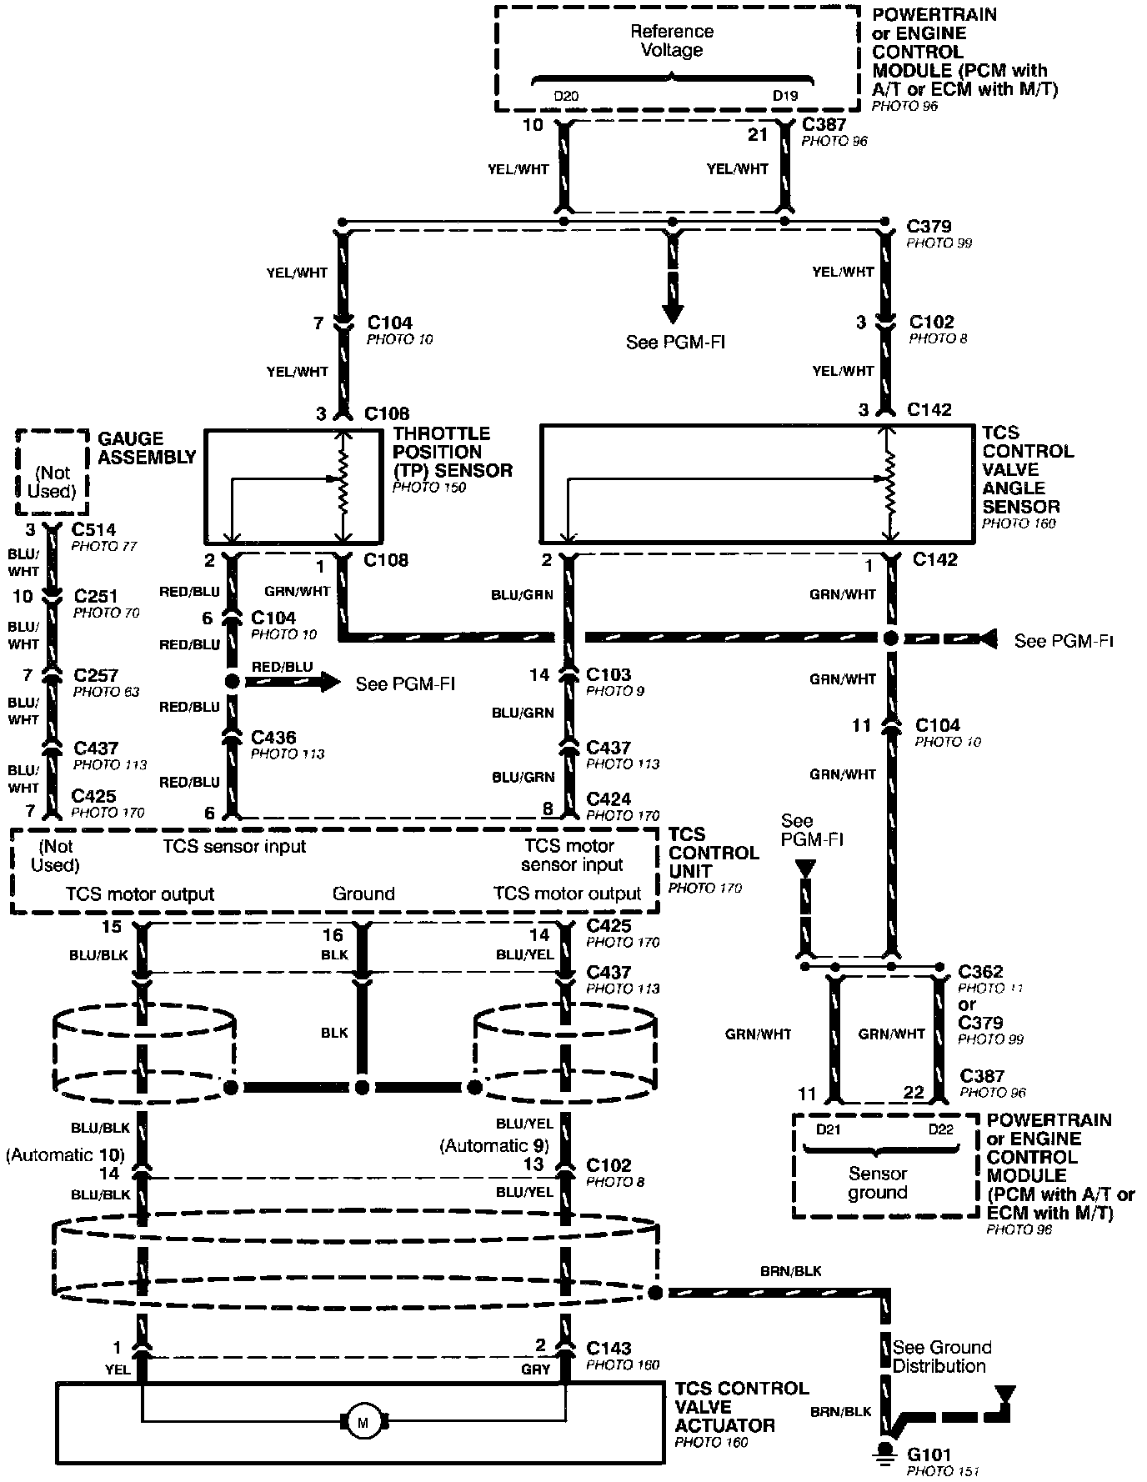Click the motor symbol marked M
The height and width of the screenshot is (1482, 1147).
(x=363, y=1422)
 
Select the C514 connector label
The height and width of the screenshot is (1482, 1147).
(x=94, y=529)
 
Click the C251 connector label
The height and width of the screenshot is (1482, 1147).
(x=96, y=596)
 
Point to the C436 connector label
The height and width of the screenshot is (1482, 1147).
(x=273, y=738)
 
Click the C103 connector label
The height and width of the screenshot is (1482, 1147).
(x=609, y=674)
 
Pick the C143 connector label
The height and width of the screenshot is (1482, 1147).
(x=609, y=1348)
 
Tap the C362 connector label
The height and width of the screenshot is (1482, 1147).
(x=980, y=972)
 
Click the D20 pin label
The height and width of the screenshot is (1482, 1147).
(x=566, y=96)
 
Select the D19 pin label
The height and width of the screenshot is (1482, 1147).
(x=784, y=96)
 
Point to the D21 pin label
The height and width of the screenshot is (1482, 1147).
(x=829, y=1129)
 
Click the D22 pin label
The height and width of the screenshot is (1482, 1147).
(x=940, y=1129)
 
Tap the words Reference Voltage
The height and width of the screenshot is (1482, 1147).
(x=672, y=41)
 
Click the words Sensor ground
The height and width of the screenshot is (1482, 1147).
(x=878, y=1183)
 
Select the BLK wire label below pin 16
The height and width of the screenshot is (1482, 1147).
(x=334, y=955)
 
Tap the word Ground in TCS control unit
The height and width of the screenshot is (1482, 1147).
(x=363, y=894)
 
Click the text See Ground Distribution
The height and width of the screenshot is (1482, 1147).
(x=941, y=1356)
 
